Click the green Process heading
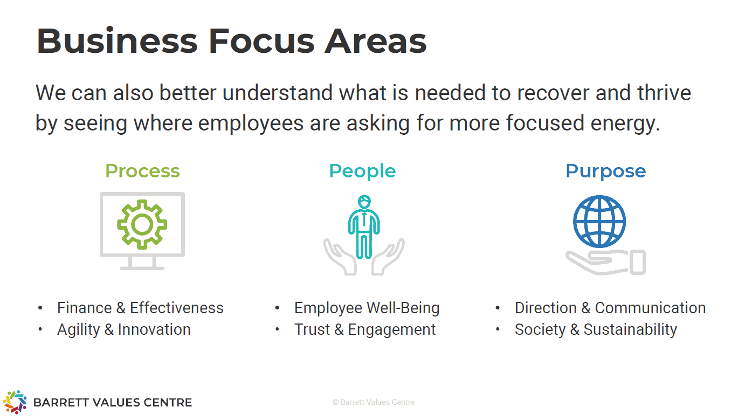(x=142, y=171)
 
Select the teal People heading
(x=362, y=171)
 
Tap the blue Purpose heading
(x=605, y=171)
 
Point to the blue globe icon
(x=599, y=222)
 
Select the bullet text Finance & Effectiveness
(x=140, y=308)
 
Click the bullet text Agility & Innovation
(x=124, y=330)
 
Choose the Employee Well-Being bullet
(x=367, y=308)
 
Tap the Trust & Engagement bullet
(x=365, y=330)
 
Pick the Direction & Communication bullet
(x=610, y=308)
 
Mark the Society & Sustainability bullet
(x=596, y=330)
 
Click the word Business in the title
(x=117, y=41)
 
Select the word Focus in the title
(x=261, y=41)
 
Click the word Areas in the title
(x=376, y=41)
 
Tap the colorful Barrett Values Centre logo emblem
(x=15, y=402)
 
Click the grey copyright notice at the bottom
(x=374, y=402)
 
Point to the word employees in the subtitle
(x=251, y=123)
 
